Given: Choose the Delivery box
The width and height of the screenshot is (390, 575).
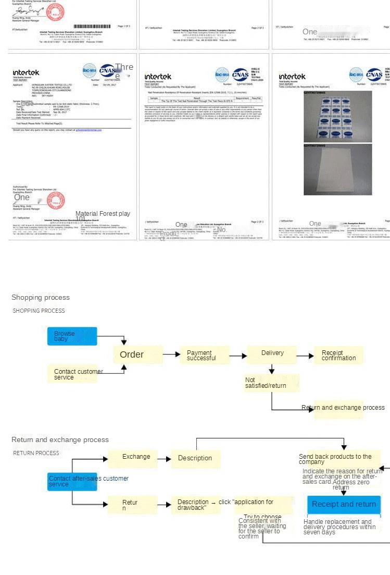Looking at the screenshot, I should click(x=272, y=354).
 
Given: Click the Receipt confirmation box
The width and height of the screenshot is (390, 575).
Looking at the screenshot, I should click(x=338, y=356).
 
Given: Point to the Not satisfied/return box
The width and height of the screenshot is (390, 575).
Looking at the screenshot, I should click(x=272, y=383).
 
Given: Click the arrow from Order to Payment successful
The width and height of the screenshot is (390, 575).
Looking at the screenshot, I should click(x=170, y=355).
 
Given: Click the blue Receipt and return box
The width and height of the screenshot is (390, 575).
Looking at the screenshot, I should click(x=344, y=504).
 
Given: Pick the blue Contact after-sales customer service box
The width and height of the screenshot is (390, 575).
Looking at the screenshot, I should click(x=72, y=481).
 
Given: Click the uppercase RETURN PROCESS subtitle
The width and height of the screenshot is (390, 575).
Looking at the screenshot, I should click(x=36, y=453).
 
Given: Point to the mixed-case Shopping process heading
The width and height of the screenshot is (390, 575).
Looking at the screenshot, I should click(x=41, y=298).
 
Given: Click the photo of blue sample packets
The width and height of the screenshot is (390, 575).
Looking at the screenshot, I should click(x=338, y=116).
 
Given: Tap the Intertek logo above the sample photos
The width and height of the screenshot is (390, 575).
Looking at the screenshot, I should click(x=292, y=77).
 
